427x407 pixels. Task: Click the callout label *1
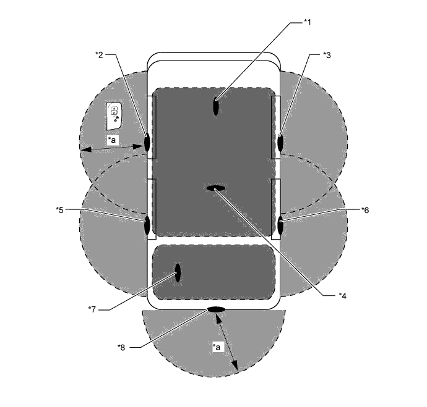coord(307,22)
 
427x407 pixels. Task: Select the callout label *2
coord(99,54)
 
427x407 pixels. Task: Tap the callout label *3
coord(327,55)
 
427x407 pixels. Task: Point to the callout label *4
coord(342,296)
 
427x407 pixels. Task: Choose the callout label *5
coord(59,210)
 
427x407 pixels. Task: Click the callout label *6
coord(365,210)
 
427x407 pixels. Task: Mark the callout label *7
coord(92,309)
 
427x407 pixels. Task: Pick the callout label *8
coord(121,347)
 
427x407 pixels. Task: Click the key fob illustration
coord(114,116)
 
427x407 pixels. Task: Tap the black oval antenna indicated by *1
coord(216,106)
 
